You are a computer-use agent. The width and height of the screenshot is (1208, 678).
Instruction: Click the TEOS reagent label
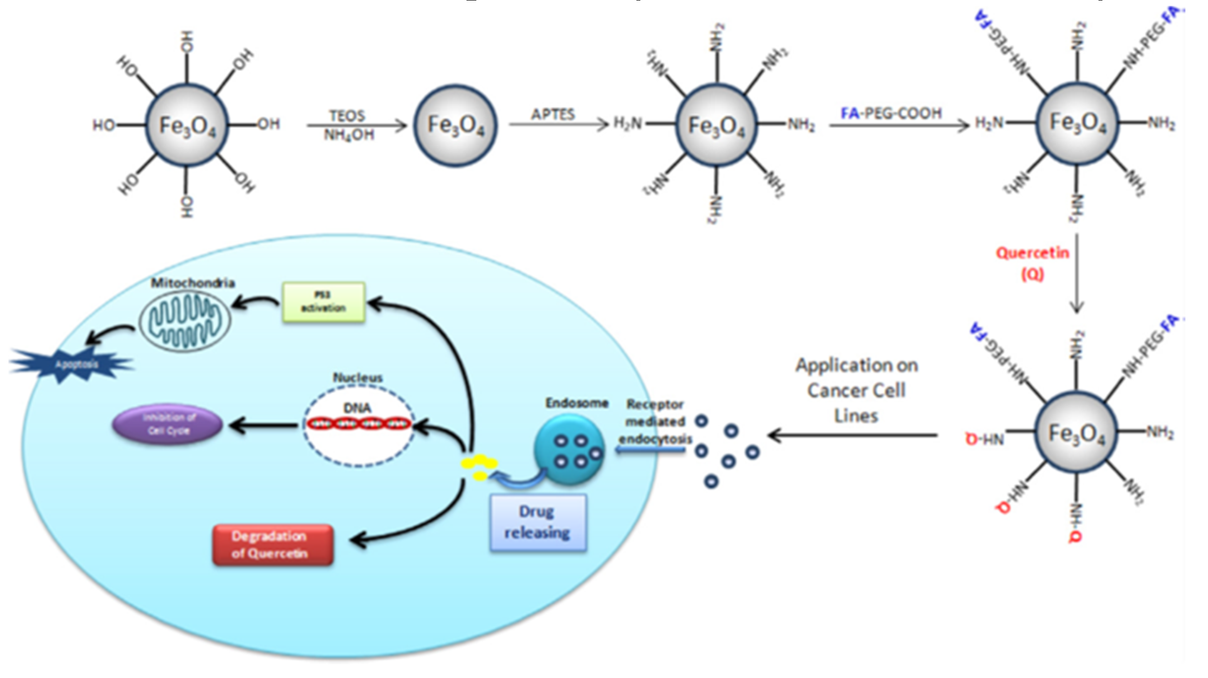[x=347, y=116]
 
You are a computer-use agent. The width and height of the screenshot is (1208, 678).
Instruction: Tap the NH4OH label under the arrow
[x=349, y=135]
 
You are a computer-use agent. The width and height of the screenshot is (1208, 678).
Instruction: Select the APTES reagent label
[x=552, y=114]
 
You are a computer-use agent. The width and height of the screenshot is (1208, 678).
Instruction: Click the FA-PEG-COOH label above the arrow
[x=891, y=113]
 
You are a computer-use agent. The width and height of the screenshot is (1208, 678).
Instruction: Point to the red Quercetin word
[x=1032, y=253]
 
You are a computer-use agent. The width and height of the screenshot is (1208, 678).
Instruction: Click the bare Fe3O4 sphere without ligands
[x=456, y=126]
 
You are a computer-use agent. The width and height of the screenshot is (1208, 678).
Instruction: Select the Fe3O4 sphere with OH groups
[x=187, y=126]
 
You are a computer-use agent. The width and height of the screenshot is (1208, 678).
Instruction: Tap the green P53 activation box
[x=324, y=302]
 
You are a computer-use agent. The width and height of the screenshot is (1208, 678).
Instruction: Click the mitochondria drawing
[x=184, y=321]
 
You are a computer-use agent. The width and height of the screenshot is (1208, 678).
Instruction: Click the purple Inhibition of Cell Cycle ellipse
[x=168, y=424]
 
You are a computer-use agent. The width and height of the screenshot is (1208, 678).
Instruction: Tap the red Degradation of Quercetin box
[x=273, y=545]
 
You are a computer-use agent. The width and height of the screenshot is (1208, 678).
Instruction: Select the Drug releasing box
[x=538, y=522]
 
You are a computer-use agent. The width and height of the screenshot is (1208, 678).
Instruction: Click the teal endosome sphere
[x=570, y=450]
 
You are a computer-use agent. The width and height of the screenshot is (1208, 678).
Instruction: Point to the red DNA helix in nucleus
[x=358, y=423]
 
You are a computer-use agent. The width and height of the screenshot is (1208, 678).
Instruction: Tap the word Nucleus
[x=357, y=377]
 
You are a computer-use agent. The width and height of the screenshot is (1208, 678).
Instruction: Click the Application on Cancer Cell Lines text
[x=856, y=391]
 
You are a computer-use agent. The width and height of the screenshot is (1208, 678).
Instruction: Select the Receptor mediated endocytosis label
[x=655, y=422]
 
